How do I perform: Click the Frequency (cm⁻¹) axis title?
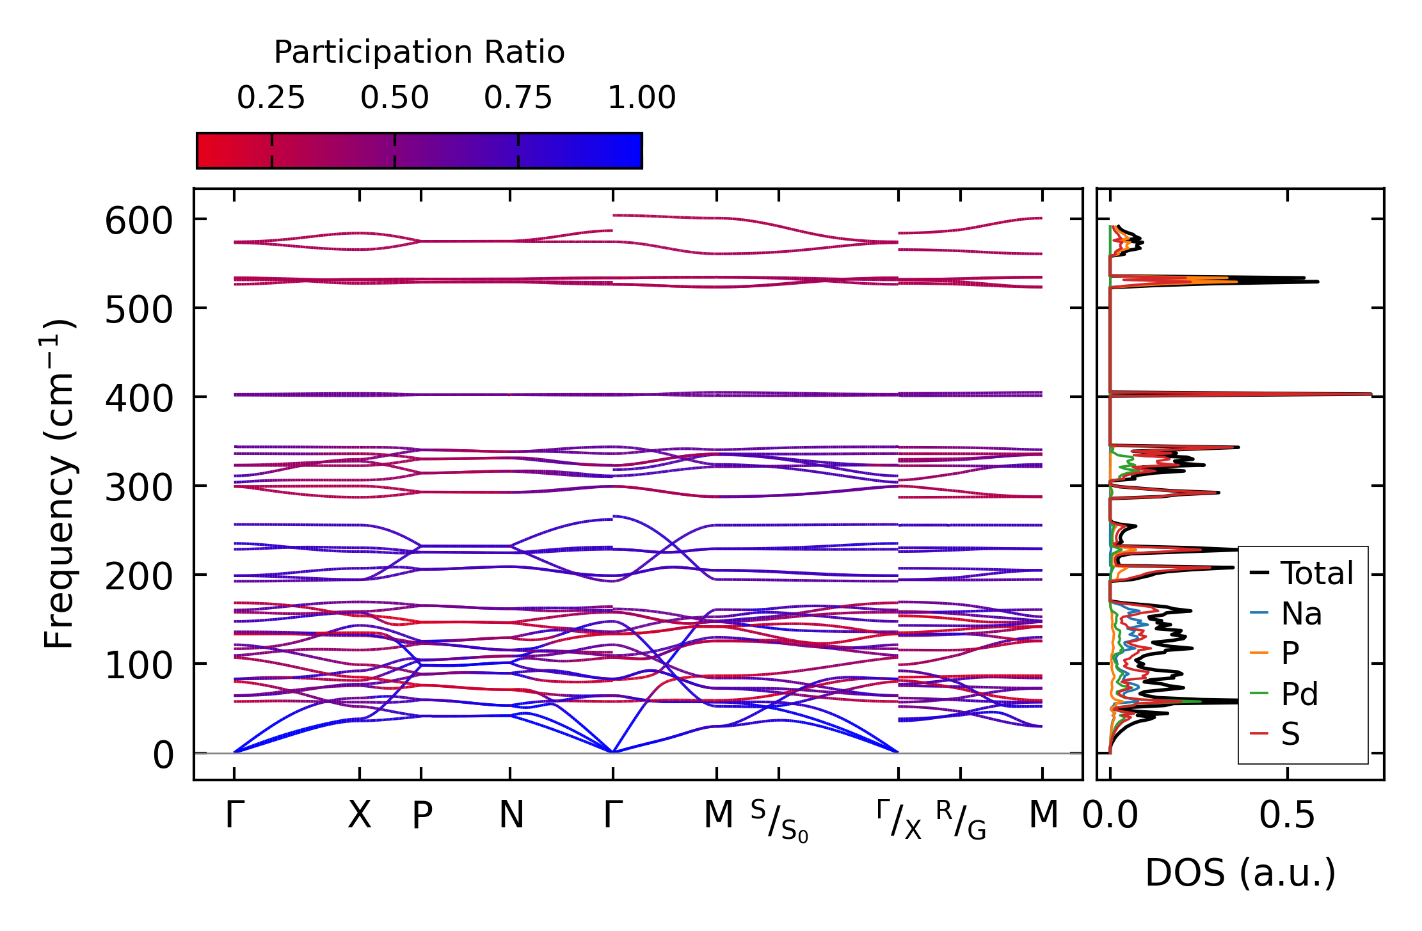pyautogui.click(x=60, y=484)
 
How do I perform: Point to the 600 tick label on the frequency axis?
pyautogui.click(x=139, y=221)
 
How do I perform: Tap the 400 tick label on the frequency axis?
pyautogui.click(x=139, y=399)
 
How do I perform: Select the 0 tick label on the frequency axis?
pyautogui.click(x=163, y=755)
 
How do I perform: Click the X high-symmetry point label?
pyautogui.click(x=359, y=815)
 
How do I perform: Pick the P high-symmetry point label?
pyautogui.click(x=422, y=815)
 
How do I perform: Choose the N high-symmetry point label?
pyautogui.click(x=511, y=815)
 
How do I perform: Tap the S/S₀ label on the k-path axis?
pyautogui.click(x=779, y=821)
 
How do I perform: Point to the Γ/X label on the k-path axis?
pyautogui.click(x=899, y=820)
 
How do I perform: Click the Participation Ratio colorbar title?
pyautogui.click(x=419, y=52)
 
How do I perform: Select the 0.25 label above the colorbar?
pyautogui.click(x=271, y=98)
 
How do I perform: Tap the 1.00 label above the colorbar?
pyautogui.click(x=641, y=98)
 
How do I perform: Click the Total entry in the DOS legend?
pyautogui.click(x=1316, y=573)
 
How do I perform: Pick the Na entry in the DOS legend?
pyautogui.click(x=1301, y=614)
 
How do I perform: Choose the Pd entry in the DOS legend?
pyautogui.click(x=1299, y=694)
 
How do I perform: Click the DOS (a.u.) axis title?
pyautogui.click(x=1240, y=873)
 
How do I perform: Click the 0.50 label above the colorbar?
pyautogui.click(x=394, y=98)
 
